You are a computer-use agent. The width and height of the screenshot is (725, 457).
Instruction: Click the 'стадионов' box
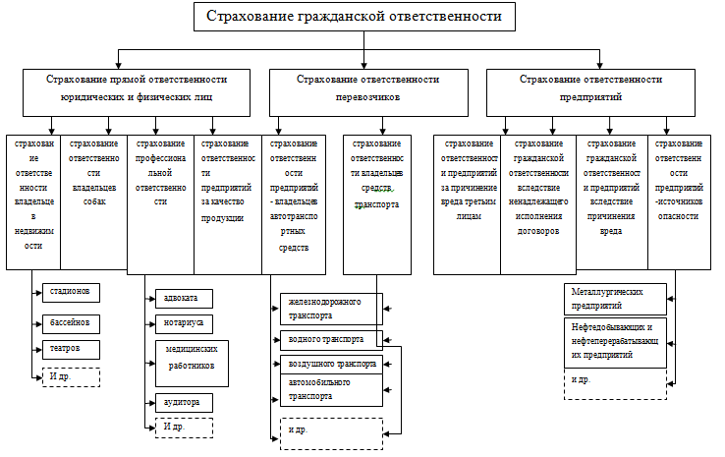click(x=72, y=292)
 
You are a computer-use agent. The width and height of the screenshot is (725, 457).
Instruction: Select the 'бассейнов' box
click(x=72, y=321)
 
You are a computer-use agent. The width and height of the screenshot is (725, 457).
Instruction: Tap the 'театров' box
click(x=72, y=349)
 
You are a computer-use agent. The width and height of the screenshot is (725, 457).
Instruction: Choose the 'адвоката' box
click(x=184, y=298)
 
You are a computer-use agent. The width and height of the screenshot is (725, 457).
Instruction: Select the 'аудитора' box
click(x=184, y=402)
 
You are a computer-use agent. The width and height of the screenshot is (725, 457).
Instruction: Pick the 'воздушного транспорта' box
click(x=330, y=363)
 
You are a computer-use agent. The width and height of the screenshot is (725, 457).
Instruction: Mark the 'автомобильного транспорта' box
click(x=330, y=389)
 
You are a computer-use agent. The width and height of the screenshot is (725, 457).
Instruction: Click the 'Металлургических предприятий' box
click(x=616, y=299)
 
